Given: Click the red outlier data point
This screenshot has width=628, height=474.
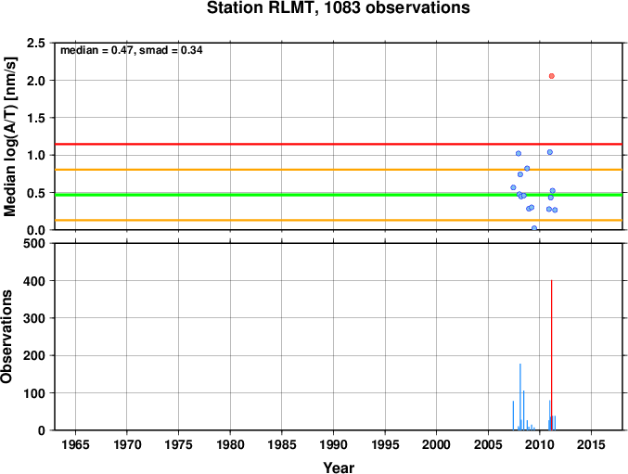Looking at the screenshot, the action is [552, 76].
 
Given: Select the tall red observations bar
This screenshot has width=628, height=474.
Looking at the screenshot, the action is [552, 355].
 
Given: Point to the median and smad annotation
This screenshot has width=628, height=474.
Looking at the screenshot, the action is [132, 50].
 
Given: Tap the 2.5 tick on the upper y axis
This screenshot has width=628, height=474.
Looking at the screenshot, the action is [35, 43].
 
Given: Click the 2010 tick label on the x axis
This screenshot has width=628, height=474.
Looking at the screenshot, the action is [540, 444].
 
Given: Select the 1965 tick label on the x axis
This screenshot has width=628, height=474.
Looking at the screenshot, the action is [75, 444].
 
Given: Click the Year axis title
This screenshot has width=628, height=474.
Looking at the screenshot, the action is [339, 468].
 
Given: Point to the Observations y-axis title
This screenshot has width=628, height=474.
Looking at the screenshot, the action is [6, 337].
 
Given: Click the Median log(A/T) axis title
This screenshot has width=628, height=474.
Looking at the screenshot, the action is [9, 136].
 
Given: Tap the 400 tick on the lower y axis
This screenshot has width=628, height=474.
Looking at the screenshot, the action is [34, 281].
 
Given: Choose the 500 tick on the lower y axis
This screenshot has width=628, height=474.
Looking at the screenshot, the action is [34, 243].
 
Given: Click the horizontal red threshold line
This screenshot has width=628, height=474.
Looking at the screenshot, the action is [339, 144].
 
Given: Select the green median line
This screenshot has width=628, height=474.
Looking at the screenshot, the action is [339, 195].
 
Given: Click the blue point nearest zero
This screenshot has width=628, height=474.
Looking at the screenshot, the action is [534, 228].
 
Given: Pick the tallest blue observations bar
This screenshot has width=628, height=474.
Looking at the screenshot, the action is [520, 397].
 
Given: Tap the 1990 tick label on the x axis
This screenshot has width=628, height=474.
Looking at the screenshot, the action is [333, 444].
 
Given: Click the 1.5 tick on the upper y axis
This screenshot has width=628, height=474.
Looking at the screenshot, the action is [35, 118].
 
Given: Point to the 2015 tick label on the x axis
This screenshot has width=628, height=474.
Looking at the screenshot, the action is [591, 444].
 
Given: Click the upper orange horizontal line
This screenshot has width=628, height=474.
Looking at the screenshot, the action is [339, 170].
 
